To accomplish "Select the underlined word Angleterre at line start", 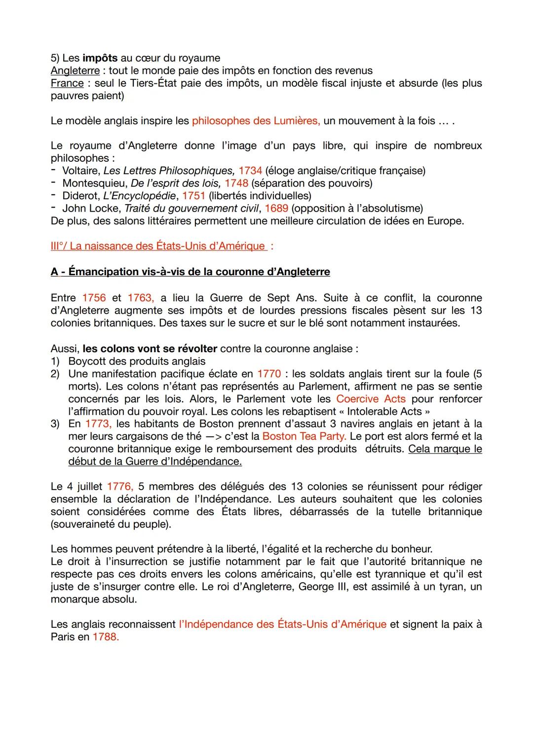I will click(x=75, y=71).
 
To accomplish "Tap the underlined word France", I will click(x=67, y=83).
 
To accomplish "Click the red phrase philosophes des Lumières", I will click(x=256, y=121).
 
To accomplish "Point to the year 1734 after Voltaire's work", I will click(x=250, y=171).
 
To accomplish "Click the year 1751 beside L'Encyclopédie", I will click(x=193, y=196).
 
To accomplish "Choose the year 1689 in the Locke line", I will click(x=276, y=208).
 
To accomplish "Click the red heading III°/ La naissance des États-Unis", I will click(x=158, y=246).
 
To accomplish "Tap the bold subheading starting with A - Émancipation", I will click(x=190, y=272).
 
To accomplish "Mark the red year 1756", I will click(x=94, y=298).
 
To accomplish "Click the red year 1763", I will click(x=141, y=298).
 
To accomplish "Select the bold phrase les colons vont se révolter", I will click(x=150, y=349).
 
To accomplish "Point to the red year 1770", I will click(x=269, y=374).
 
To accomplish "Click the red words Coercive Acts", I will click(x=371, y=399).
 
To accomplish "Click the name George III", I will click(x=326, y=587).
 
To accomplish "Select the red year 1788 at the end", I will click(x=106, y=637).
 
